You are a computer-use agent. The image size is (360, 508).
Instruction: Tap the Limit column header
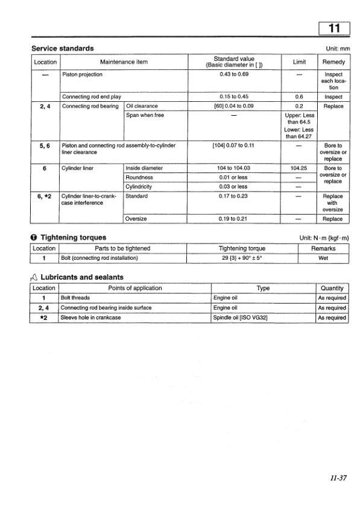pos(299,62)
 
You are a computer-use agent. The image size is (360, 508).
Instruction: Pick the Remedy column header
pos(333,62)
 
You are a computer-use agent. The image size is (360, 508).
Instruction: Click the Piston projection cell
pos(82,75)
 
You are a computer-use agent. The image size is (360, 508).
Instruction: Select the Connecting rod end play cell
pos(91,96)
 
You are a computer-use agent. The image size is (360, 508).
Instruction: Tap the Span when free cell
pos(145,115)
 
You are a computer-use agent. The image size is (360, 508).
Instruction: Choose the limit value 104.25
pos(299,168)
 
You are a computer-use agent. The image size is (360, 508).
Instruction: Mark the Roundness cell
pos(139,178)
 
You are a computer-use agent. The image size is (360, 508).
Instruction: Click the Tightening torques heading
pos(72,238)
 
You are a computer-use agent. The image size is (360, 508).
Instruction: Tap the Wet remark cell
pos(323,259)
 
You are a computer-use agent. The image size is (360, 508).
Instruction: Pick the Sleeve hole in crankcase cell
pos(90,318)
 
